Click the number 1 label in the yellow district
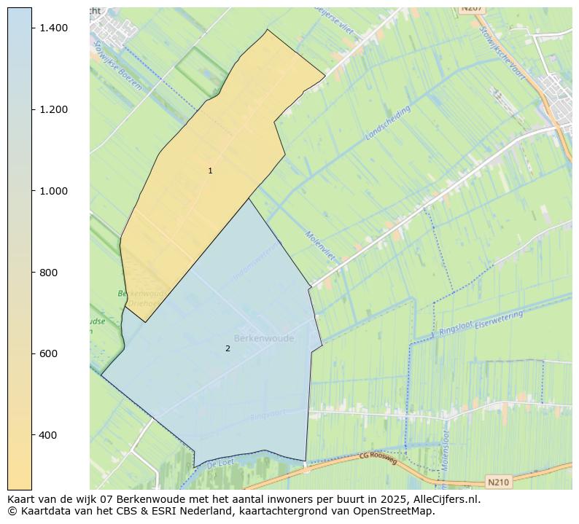(210, 171)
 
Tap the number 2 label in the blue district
(228, 348)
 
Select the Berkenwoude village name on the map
(264, 339)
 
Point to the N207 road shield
(473, 8)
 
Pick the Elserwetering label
(499, 318)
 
